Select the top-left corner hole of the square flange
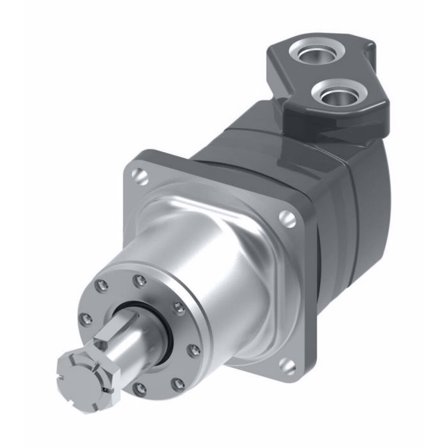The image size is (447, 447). (139, 174)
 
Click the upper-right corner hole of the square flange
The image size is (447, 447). (289, 220)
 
